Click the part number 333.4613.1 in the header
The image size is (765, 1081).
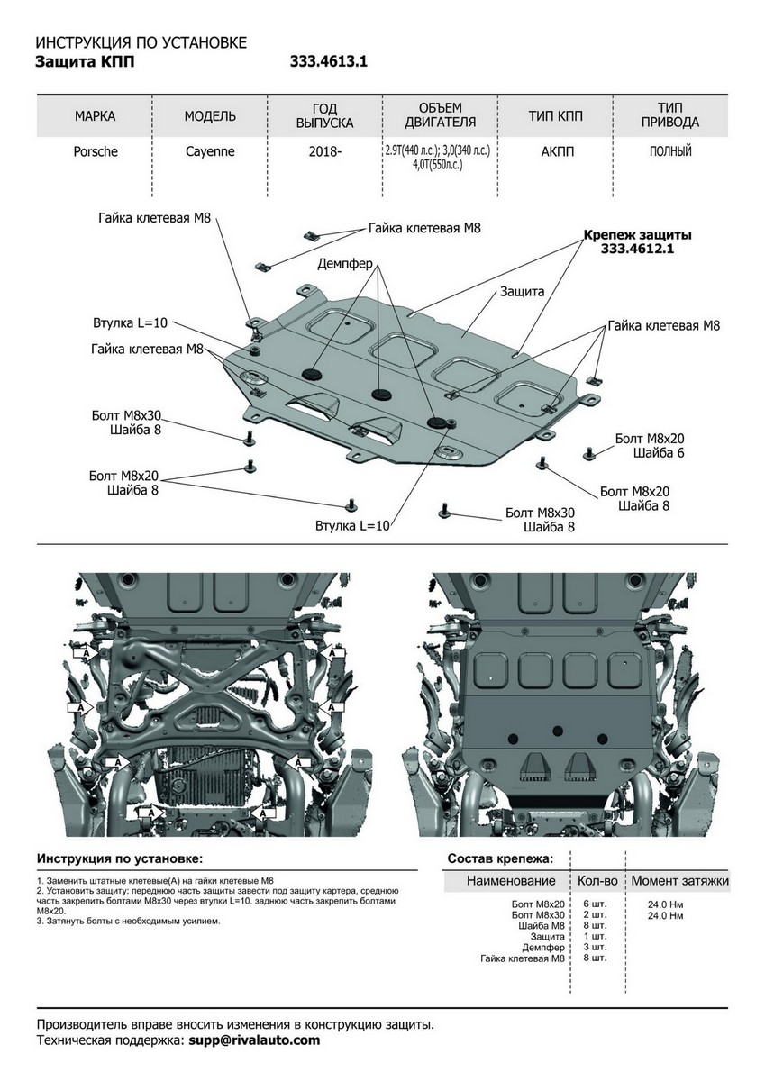[x=328, y=62]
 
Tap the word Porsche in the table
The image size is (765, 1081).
[x=95, y=152]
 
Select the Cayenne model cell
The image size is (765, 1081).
[x=210, y=152]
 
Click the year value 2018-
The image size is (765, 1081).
[x=324, y=152]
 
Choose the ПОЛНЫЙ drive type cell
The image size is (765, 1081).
[x=670, y=152]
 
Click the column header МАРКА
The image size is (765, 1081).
[x=95, y=116]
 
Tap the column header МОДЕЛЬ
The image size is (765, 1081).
[x=210, y=116]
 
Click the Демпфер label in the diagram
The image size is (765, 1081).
[x=345, y=264]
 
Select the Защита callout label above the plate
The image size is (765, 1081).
[x=522, y=293]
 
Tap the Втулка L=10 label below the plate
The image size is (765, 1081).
[x=352, y=525]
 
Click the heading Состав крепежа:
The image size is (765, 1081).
[x=500, y=859]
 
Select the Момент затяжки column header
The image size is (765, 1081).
[x=679, y=881]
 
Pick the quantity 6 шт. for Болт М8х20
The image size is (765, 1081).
[x=594, y=904]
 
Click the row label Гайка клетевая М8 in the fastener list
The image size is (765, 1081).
[x=523, y=958]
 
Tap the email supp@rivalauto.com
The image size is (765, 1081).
[x=254, y=1040]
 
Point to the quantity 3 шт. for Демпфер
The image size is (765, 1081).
[x=594, y=948]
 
